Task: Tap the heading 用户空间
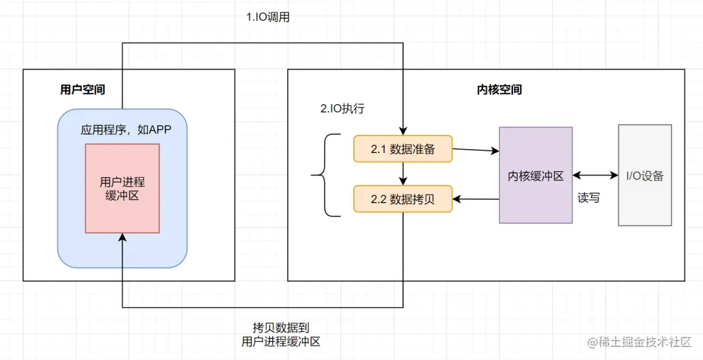coord(83,90)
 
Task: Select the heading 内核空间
coord(499,90)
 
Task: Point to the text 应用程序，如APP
coord(126,130)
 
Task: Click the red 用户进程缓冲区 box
coord(122,188)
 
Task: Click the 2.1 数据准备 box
coord(402,149)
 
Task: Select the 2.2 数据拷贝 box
coord(402,199)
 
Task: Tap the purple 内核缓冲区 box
coord(536,175)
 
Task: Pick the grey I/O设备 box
coord(644,175)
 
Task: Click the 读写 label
coord(588,197)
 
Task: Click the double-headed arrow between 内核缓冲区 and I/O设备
coord(595,175)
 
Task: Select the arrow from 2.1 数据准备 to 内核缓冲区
coord(475,150)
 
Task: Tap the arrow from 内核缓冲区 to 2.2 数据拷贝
coord(475,199)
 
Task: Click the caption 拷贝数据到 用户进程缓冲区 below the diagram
coord(281,334)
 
